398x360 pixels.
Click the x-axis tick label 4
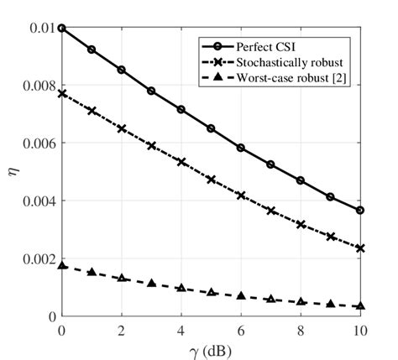click(181, 330)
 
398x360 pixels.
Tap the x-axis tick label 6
click(241, 330)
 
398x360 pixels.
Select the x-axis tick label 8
click(301, 330)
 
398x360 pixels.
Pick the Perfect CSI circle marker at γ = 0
click(61, 29)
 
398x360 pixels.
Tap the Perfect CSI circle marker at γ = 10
click(360, 211)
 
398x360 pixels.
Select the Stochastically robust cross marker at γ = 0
click(61, 94)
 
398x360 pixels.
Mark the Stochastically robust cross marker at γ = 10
click(360, 248)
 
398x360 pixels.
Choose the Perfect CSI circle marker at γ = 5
click(211, 128)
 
